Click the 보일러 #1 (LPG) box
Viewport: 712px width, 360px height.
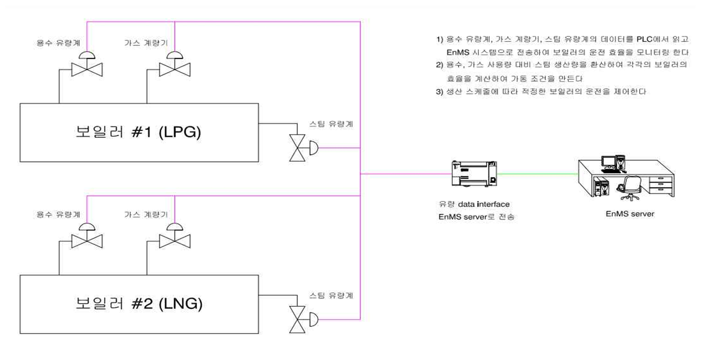(139, 132)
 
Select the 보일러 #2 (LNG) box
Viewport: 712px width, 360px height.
(139, 304)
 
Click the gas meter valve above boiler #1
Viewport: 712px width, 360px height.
(175, 68)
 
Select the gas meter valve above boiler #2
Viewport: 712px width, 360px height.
(175, 240)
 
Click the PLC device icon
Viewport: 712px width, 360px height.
(472, 174)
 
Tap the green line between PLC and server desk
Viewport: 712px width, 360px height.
(537, 174)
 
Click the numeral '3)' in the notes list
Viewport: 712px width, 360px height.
(439, 91)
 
